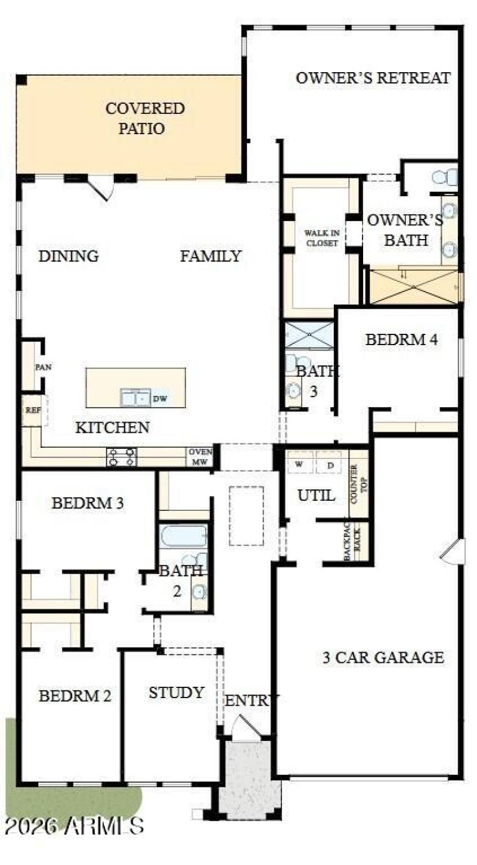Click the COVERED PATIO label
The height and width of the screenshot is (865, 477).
coord(144,118)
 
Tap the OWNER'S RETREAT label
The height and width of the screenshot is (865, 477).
coord(373,78)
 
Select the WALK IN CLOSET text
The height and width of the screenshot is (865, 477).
coord(321,238)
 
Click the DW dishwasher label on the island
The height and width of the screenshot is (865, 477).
coord(159,399)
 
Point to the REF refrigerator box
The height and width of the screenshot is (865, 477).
coord(32,411)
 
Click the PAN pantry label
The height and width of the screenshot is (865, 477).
coord(43,367)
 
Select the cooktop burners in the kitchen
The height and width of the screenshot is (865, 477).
coord(122,457)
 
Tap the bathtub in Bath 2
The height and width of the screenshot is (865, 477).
coord(183,536)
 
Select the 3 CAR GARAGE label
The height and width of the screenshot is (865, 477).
coord(383,658)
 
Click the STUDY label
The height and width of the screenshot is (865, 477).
coord(176,693)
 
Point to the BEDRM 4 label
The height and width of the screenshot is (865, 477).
coord(401,340)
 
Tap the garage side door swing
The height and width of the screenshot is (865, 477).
coord(453,551)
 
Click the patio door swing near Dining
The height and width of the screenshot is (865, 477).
coord(100,188)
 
